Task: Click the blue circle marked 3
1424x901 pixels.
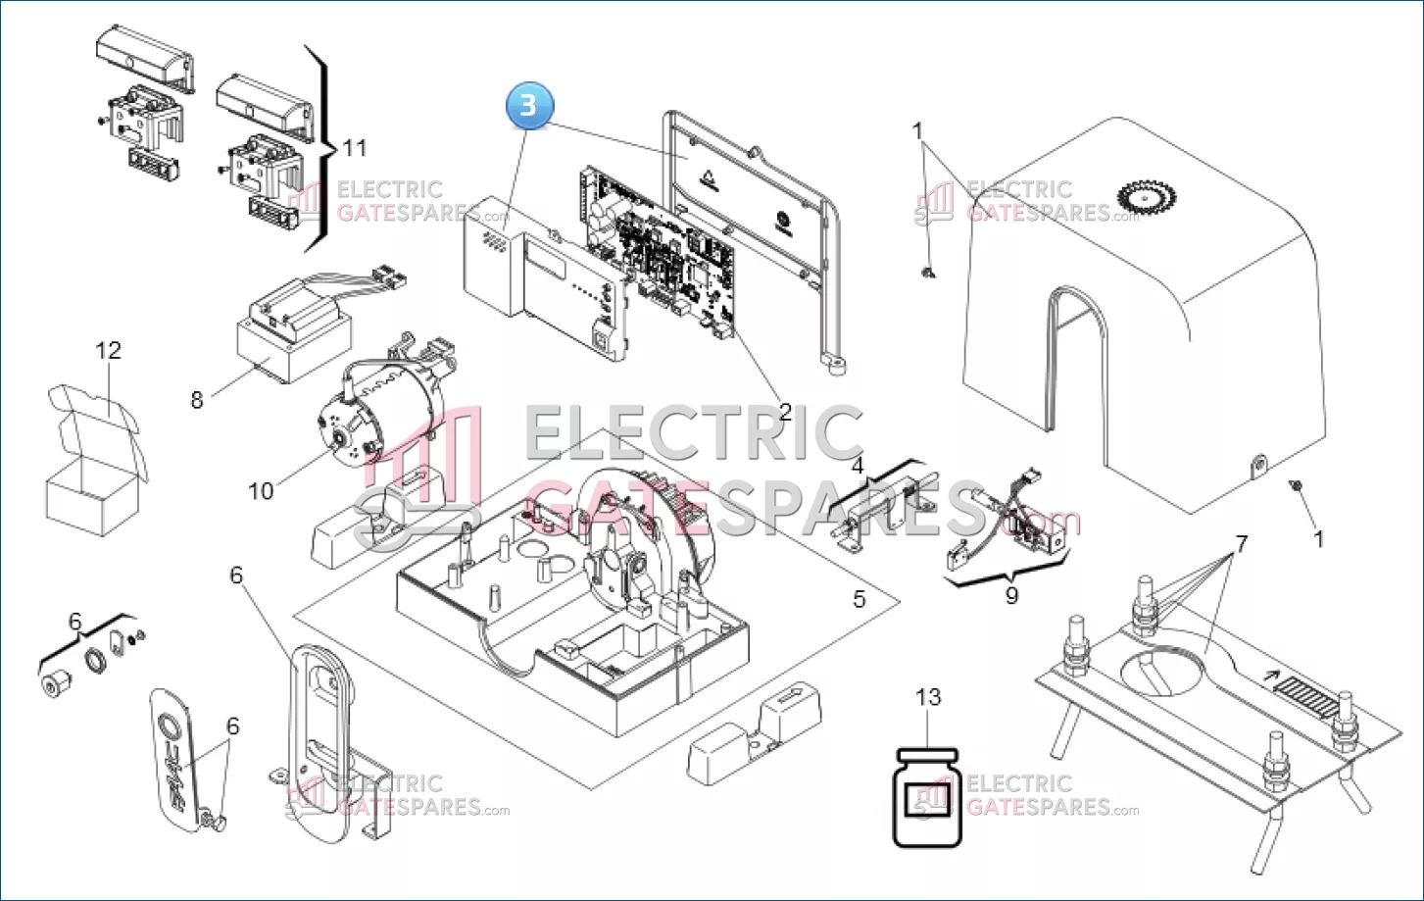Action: (x=529, y=106)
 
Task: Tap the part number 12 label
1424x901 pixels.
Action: (x=108, y=350)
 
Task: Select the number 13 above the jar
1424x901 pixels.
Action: (x=928, y=697)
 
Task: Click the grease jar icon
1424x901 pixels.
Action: (x=927, y=797)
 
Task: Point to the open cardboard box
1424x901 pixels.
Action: (x=95, y=461)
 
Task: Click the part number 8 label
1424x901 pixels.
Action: (x=197, y=400)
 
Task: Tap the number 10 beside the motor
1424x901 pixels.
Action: (x=261, y=491)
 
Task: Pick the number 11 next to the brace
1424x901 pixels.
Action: (x=355, y=148)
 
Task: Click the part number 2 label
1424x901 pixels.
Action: (x=786, y=412)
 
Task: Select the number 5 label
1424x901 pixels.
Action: (x=859, y=599)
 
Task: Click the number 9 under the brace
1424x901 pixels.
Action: (x=1011, y=596)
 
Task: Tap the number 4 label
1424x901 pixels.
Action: (x=858, y=466)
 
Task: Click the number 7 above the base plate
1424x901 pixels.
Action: (x=1242, y=544)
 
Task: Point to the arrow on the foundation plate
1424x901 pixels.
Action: (x=1271, y=676)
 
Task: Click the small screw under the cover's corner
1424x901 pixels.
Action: (x=1295, y=485)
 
